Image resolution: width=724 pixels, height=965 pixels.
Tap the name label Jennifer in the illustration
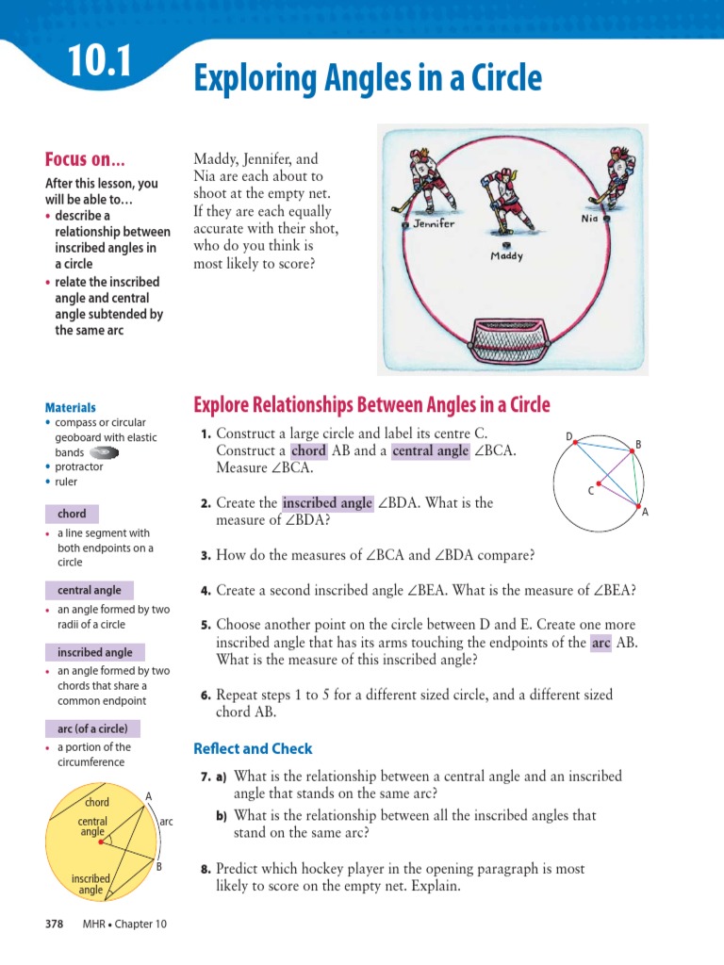[x=434, y=224]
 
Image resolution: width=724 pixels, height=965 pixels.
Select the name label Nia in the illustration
[x=590, y=218]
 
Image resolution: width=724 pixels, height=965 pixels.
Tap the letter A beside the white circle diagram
[x=645, y=513]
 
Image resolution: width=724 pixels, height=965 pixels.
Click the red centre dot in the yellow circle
[x=101, y=842]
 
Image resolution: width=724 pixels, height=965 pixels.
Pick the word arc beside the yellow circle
[x=166, y=822]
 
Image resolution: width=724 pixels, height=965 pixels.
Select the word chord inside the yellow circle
[x=97, y=802]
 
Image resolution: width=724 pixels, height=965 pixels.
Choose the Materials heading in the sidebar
[x=71, y=408]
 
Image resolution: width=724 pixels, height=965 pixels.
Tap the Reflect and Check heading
[x=253, y=749]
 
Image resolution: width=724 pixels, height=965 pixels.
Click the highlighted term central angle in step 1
[x=430, y=450]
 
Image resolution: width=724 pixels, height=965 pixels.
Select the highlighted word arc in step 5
[x=601, y=643]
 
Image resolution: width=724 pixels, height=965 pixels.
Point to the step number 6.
[x=205, y=695]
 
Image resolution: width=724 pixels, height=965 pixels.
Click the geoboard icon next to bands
[x=105, y=453]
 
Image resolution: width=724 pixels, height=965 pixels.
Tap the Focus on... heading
[x=86, y=159]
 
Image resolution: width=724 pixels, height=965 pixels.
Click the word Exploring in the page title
[x=246, y=78]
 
